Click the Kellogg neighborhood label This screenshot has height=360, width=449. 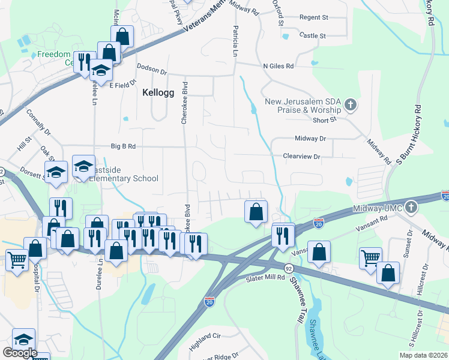158,93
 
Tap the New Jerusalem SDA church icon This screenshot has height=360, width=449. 351,106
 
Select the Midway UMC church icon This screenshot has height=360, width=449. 411,208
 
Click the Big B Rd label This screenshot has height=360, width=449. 124,146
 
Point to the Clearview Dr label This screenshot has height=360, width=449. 302,156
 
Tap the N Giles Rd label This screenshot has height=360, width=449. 278,65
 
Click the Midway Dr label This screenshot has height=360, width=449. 310,139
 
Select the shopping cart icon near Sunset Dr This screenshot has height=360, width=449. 371,257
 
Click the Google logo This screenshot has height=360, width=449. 20,353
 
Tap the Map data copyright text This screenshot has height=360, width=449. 423,355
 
